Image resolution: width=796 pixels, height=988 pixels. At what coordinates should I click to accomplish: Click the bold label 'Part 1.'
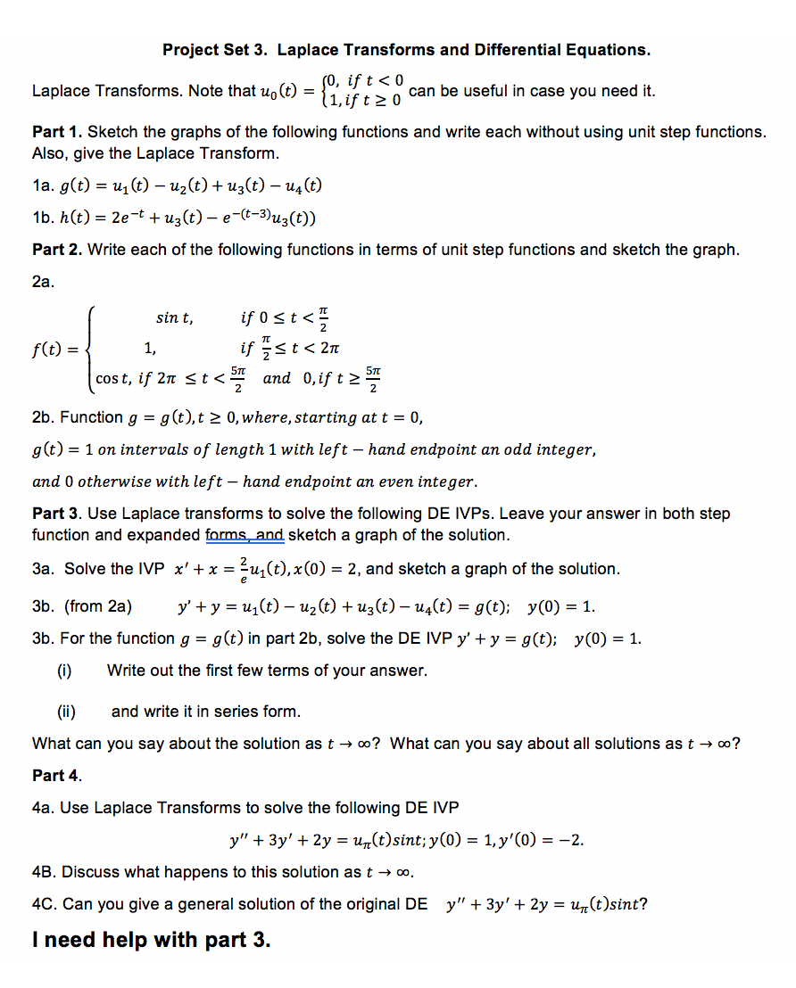[57, 132]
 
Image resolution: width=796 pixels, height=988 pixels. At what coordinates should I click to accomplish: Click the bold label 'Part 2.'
[57, 250]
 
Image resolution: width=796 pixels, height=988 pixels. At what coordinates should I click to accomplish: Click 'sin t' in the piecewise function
[173, 317]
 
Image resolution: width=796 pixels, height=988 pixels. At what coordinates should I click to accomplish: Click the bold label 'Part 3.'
[57, 514]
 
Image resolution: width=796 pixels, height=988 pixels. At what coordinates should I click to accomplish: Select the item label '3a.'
[44, 569]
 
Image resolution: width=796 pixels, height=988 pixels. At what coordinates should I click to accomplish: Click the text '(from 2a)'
[97, 607]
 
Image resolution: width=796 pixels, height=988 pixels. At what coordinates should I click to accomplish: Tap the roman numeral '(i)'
[64, 671]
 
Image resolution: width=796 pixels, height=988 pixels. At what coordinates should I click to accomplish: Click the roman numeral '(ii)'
[66, 712]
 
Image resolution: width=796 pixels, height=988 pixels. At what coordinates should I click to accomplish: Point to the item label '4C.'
[46, 904]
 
